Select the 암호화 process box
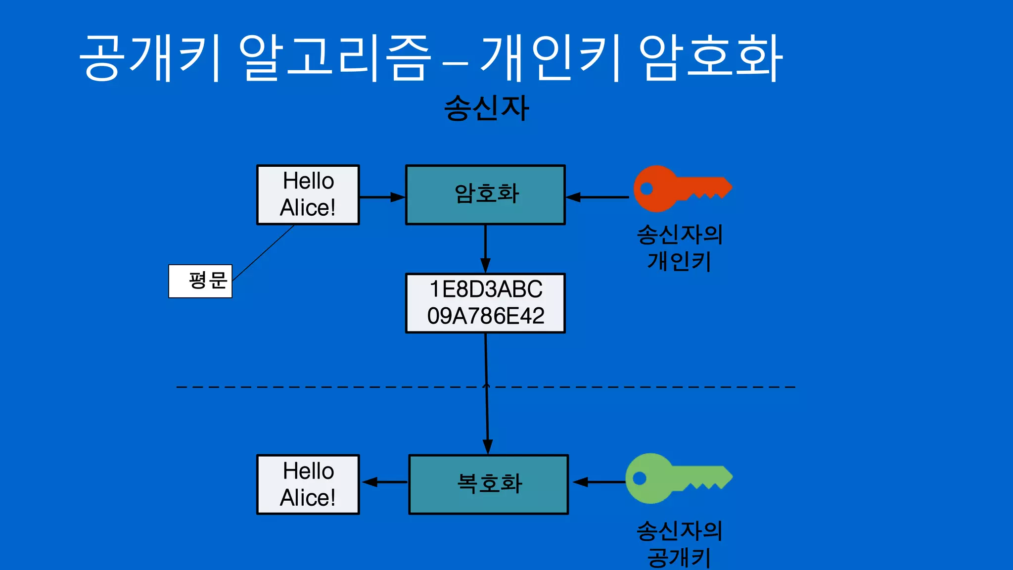tap(485, 194)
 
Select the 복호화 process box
tap(489, 484)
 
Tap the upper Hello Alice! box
tap(308, 194)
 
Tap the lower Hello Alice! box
tap(308, 484)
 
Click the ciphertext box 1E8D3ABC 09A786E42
tap(485, 303)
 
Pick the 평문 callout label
tap(200, 281)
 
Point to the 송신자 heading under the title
tap(486, 108)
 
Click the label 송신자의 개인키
tap(679, 247)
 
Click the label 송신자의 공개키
tap(679, 543)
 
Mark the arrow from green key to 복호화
tap(599, 481)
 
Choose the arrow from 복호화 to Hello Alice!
tap(385, 481)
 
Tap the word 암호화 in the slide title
tap(710, 58)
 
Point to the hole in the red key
tap(647, 189)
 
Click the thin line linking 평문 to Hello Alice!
tap(263, 253)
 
